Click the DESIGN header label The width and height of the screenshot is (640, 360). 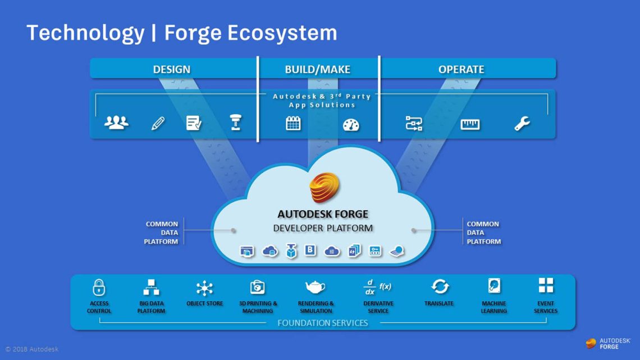click(x=172, y=70)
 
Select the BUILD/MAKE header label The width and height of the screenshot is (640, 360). click(x=317, y=70)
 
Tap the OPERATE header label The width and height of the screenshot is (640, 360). click(x=461, y=70)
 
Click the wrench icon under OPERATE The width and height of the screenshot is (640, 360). click(x=522, y=124)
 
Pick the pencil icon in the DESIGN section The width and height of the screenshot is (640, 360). click(x=158, y=124)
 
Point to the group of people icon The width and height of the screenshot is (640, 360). click(x=116, y=122)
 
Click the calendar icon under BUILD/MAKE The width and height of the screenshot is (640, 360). click(x=294, y=124)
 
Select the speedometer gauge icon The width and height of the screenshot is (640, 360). click(x=351, y=125)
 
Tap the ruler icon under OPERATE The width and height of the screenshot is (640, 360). click(x=470, y=124)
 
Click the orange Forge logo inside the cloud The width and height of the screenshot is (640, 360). click(x=325, y=188)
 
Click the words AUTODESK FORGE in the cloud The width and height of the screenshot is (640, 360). click(x=323, y=214)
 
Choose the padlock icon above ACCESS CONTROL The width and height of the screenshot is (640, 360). click(x=99, y=287)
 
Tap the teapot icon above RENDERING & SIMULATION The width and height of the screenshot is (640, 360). click(x=315, y=287)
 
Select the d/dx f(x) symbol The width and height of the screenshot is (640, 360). click(x=377, y=286)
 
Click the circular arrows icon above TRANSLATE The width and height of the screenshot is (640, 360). click(x=440, y=286)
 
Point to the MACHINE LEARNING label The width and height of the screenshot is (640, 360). click(x=493, y=307)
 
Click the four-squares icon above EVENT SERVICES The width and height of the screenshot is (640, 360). click(x=546, y=285)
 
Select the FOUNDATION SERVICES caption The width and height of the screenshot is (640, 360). click(x=323, y=323)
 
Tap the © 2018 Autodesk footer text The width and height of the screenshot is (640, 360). click(x=32, y=349)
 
